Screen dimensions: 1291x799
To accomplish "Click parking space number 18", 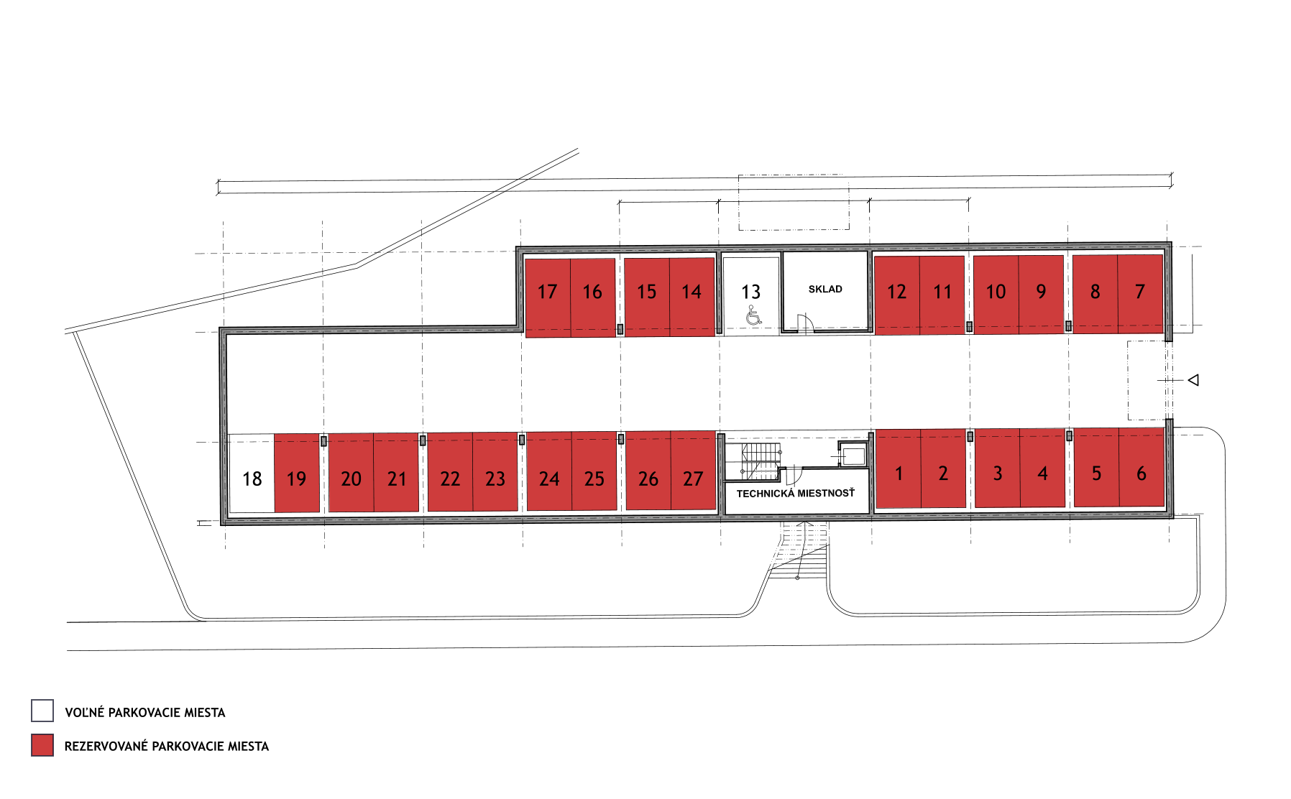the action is click(x=251, y=474).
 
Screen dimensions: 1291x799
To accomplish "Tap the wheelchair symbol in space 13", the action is click(x=753, y=315).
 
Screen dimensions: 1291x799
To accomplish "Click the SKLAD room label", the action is click(x=825, y=290).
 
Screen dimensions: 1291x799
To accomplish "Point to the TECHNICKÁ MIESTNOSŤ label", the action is click(x=796, y=494).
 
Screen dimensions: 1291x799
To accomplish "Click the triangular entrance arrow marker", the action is click(x=1193, y=380).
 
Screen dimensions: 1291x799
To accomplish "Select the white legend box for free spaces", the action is click(x=42, y=711).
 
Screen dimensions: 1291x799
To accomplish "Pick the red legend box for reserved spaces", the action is click(x=42, y=745).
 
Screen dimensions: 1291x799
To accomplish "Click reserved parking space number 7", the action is click(x=1141, y=294).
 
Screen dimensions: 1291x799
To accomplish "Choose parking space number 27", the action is click(x=694, y=471).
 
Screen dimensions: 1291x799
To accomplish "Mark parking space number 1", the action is click(x=899, y=468).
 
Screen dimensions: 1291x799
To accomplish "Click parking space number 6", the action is click(x=1141, y=467).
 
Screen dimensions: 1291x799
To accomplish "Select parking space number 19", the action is click(x=297, y=473).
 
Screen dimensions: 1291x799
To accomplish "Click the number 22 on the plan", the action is click(x=450, y=479).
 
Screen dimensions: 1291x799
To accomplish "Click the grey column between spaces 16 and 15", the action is click(x=620, y=330).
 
